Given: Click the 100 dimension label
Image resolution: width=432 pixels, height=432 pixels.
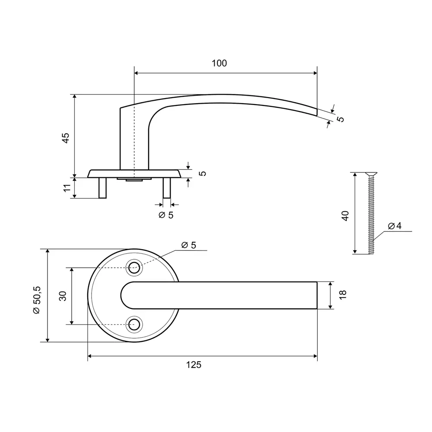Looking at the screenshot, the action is (219, 63).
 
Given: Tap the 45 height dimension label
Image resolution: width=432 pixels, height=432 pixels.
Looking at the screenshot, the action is (66, 138).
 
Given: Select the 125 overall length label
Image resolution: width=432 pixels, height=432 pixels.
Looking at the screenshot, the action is (194, 365).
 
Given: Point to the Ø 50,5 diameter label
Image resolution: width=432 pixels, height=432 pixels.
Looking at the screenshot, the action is (37, 300).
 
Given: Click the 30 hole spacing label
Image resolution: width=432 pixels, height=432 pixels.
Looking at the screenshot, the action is (63, 296).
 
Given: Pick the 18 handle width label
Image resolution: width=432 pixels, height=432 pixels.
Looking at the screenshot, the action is (343, 295).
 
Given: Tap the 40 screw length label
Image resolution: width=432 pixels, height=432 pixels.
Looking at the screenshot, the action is (345, 216).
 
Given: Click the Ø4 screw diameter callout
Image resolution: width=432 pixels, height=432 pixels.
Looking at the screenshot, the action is (395, 226).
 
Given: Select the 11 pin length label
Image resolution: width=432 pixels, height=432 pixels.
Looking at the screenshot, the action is (67, 188).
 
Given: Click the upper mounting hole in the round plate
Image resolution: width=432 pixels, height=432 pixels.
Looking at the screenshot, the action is (134, 267).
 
